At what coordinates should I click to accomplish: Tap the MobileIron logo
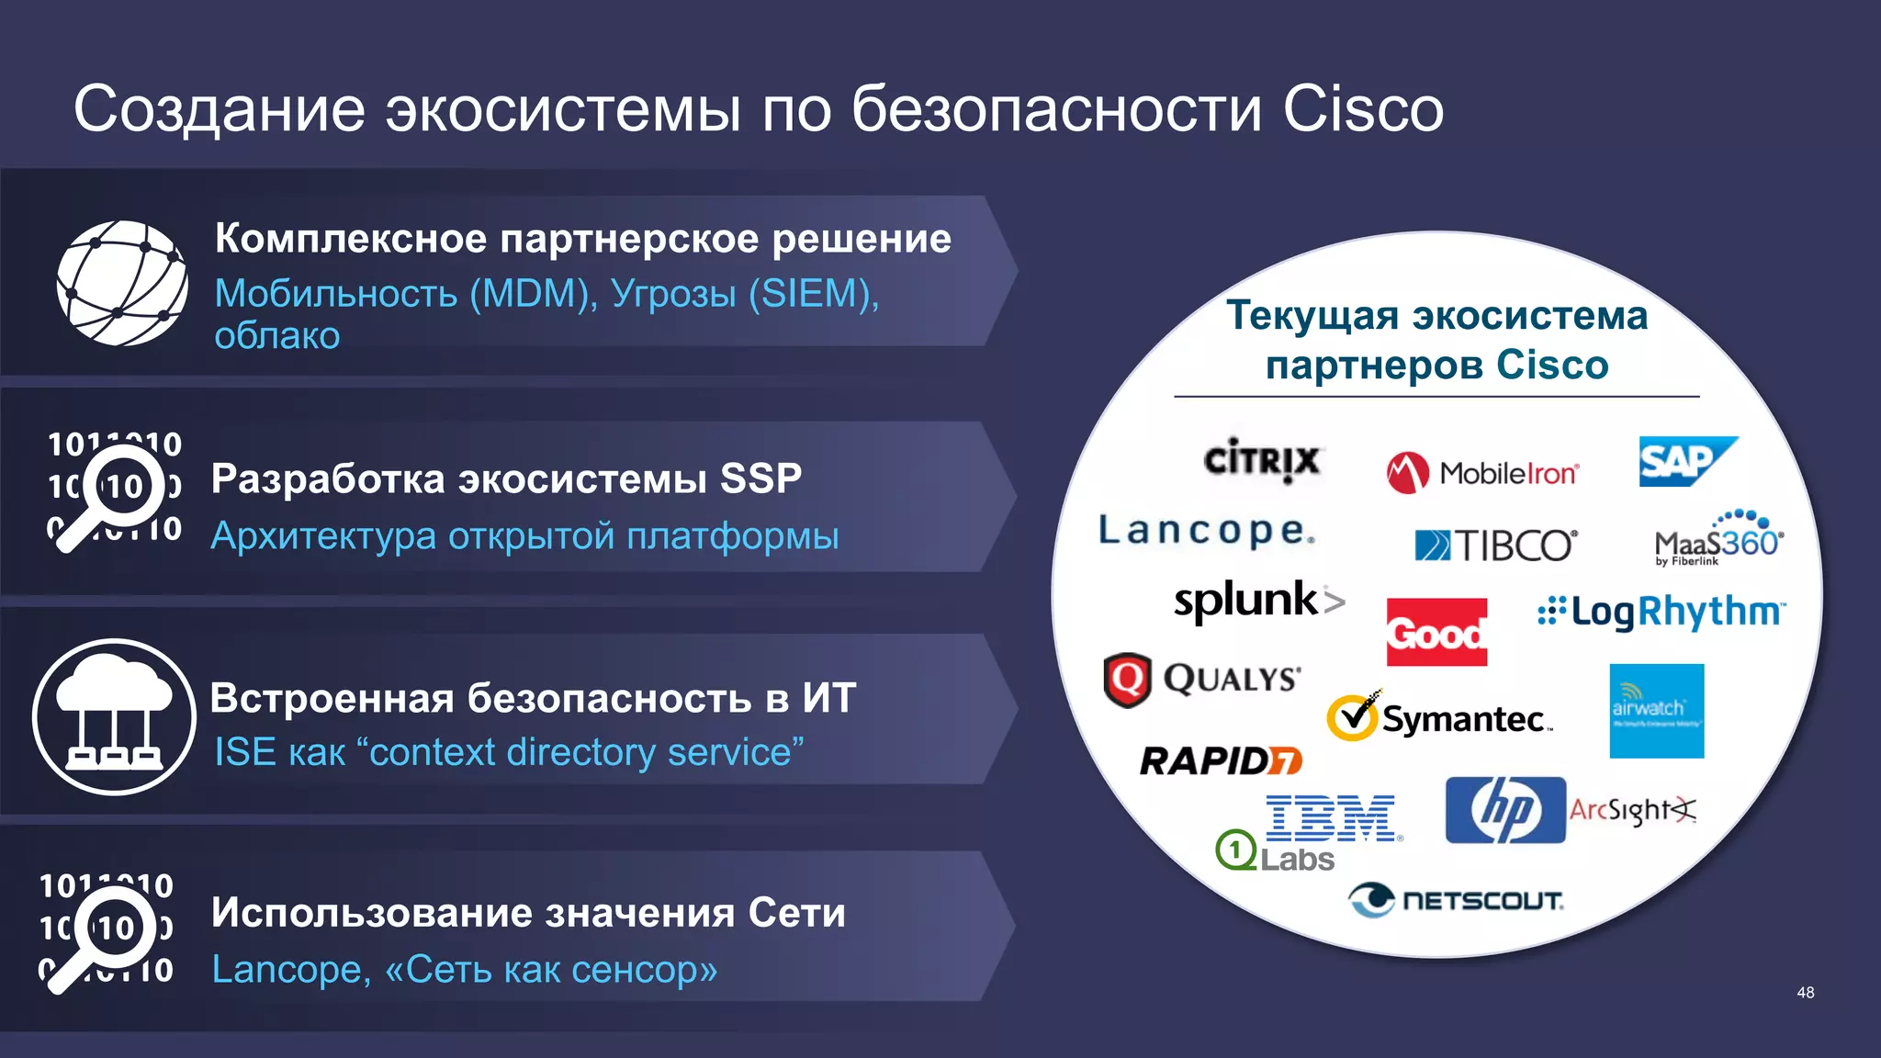1482,473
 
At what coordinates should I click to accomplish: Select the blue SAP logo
1686,461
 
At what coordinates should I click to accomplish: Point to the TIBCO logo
1495,546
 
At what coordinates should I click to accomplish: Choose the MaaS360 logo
1718,540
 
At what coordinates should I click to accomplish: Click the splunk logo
1258,601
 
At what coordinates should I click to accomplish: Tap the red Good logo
1436,632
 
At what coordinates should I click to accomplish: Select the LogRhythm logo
1661,612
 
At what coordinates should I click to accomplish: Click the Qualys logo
1202,680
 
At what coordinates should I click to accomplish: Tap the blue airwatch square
1656,711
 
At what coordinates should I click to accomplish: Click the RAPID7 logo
1220,760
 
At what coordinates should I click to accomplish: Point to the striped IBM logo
1331,817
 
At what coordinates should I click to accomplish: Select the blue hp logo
1504,810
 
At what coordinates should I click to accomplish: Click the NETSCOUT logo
1455,900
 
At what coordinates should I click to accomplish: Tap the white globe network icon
122,283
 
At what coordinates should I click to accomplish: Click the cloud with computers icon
114,717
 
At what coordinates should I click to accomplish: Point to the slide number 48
1805,993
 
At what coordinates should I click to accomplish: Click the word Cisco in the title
1362,109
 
